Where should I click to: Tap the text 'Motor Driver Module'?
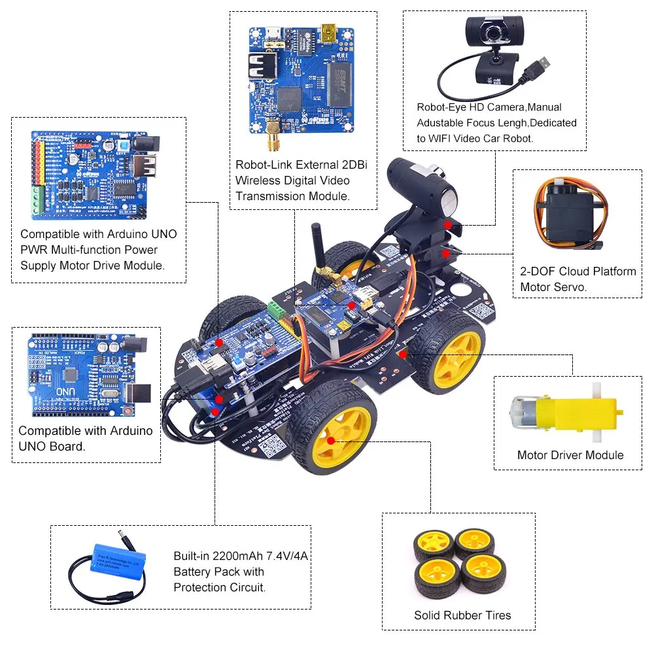[x=570, y=455]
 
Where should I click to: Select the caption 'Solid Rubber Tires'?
[x=462, y=615]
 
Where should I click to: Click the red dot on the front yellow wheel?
[x=332, y=441]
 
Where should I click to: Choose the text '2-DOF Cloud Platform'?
[x=578, y=271]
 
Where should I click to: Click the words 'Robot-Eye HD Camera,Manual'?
[x=489, y=107]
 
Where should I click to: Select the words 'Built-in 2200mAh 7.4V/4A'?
[x=240, y=557]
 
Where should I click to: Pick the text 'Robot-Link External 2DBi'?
[x=301, y=165]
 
